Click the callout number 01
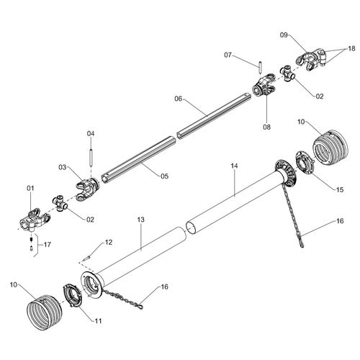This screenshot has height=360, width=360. pyautogui.click(x=31, y=189)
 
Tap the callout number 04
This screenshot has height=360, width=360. pyautogui.click(x=91, y=133)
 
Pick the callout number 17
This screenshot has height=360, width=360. pyautogui.click(x=48, y=244)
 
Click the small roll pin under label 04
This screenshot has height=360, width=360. pyautogui.click(x=91, y=156)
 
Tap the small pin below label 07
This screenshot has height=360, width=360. pyautogui.click(x=258, y=66)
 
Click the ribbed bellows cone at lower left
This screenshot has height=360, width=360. pyautogui.click(x=45, y=313)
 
